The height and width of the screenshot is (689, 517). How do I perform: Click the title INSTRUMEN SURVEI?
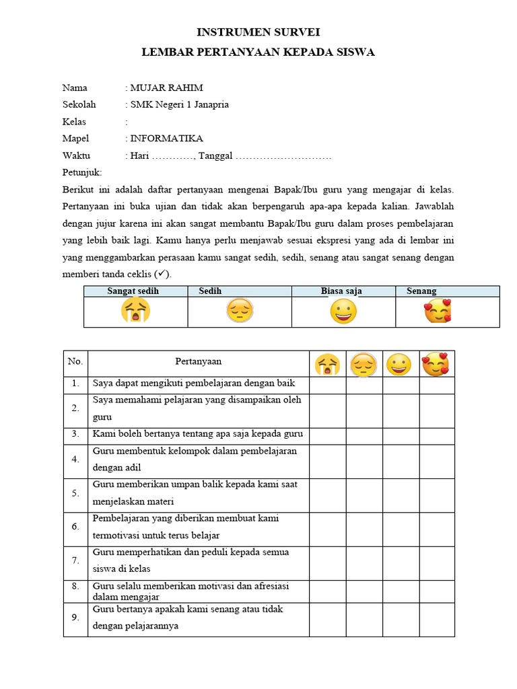tap(258, 32)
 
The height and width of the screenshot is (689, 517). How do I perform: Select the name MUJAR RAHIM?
tap(166, 87)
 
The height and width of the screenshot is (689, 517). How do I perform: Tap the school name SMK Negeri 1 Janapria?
tap(179, 104)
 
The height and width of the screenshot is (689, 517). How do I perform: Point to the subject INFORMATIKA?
tap(166, 139)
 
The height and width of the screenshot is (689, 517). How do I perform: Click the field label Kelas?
tap(75, 122)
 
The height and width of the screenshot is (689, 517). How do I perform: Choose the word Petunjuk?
tap(81, 173)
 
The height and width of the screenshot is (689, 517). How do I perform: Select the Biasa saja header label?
tap(341, 291)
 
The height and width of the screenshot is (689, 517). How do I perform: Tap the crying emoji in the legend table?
tap(135, 312)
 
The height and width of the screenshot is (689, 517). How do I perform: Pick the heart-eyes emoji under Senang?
tap(437, 312)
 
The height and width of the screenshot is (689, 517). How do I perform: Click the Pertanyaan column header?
tap(199, 362)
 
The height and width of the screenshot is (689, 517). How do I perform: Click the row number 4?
tap(75, 460)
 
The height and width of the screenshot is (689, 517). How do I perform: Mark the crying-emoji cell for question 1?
tap(328, 384)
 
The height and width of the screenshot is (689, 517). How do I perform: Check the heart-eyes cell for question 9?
tap(437, 618)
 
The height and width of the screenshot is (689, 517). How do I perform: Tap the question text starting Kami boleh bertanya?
tap(198, 434)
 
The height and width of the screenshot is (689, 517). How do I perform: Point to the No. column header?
tap(75, 362)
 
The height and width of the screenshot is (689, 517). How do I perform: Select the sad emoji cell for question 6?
tap(364, 528)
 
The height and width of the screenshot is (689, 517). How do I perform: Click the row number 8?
tap(75, 587)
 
